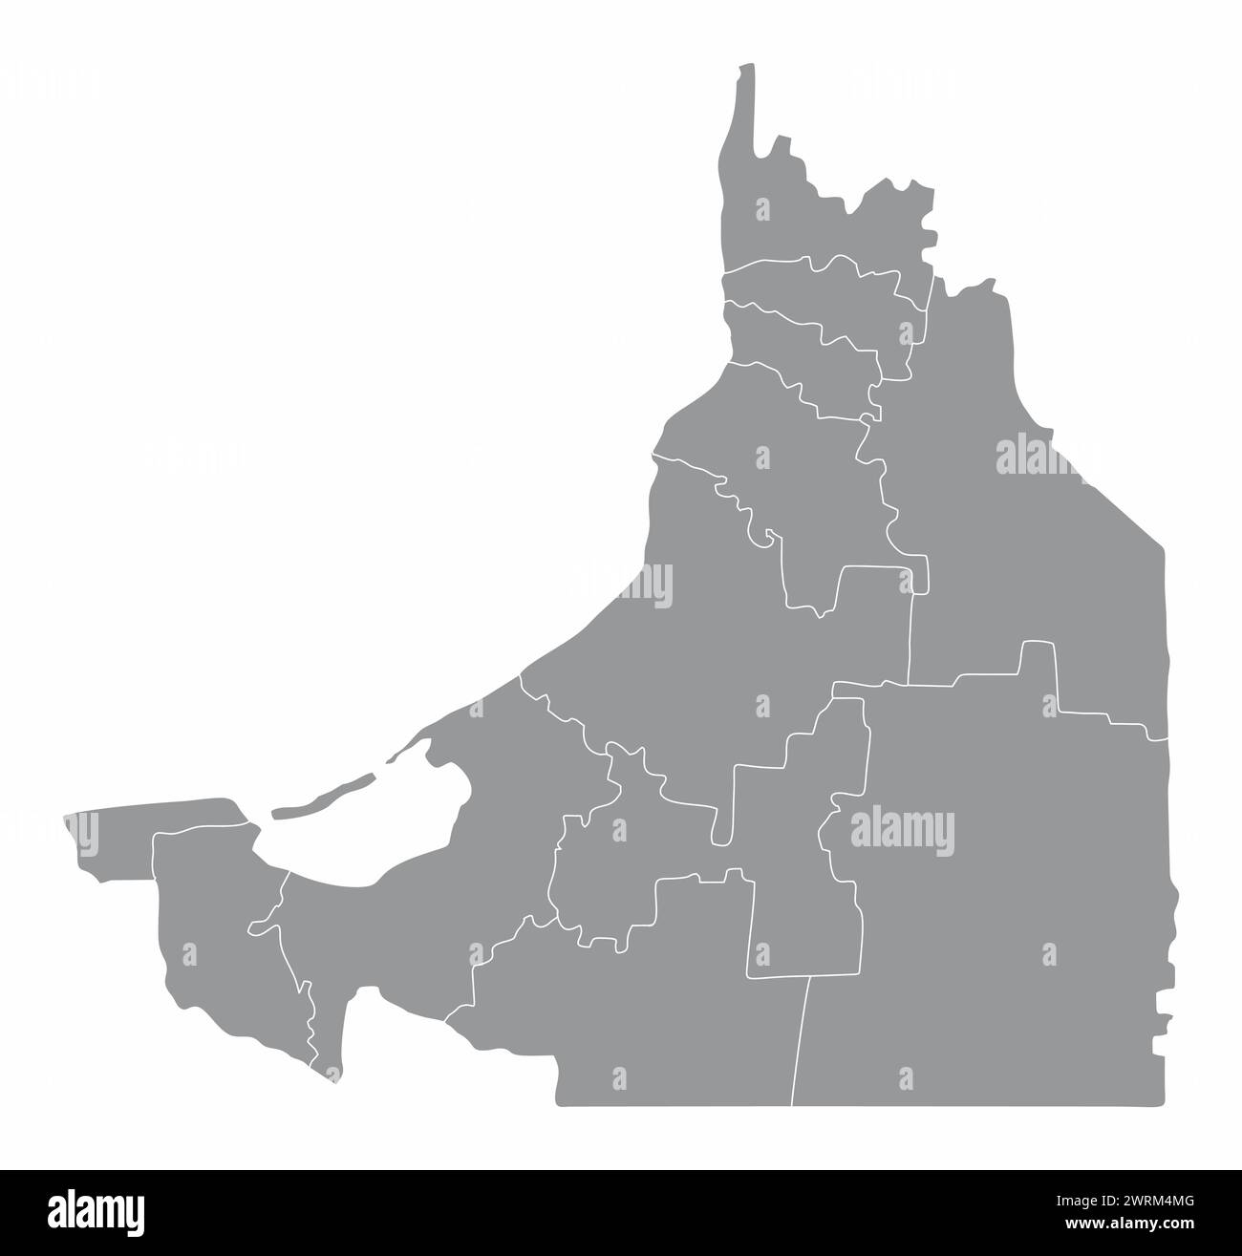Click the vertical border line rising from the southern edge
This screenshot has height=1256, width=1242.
tap(801, 1041)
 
